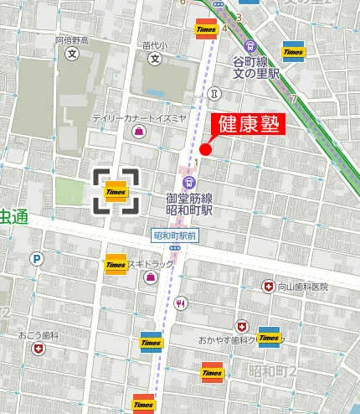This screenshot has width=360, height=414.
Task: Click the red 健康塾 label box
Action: click(x=249, y=123)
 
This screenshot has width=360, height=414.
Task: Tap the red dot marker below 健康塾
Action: click(x=205, y=150)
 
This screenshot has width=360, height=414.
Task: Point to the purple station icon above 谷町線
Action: click(x=249, y=46)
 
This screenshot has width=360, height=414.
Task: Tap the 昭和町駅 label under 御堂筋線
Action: click(x=189, y=210)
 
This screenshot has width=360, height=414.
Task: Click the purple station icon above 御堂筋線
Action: click(x=189, y=181)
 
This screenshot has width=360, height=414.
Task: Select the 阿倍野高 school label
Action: click(x=72, y=40)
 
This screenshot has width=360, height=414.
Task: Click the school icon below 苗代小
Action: click(x=155, y=59)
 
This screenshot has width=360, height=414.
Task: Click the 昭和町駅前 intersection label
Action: click(x=175, y=236)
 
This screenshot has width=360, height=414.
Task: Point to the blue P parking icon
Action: click(x=37, y=260)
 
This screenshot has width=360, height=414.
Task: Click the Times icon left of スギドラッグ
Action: click(x=116, y=264)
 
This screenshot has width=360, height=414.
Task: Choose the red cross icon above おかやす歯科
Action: click(x=241, y=326)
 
